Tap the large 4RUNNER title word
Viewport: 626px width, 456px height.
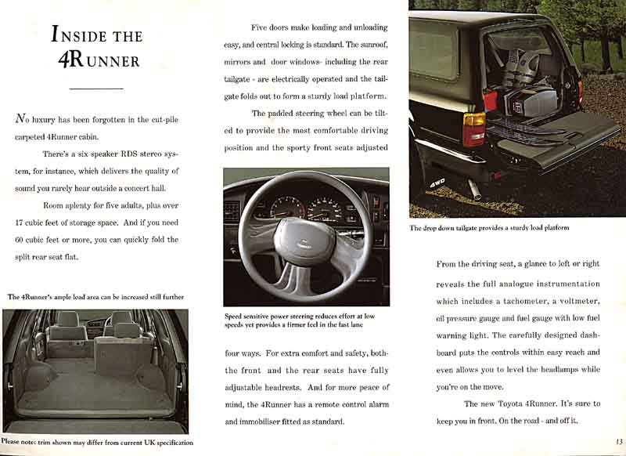[98, 60]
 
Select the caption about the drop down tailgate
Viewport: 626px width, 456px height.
[489, 228]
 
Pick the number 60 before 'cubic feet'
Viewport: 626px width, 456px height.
[22, 240]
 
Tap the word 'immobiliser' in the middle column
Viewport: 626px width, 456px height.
[265, 422]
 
